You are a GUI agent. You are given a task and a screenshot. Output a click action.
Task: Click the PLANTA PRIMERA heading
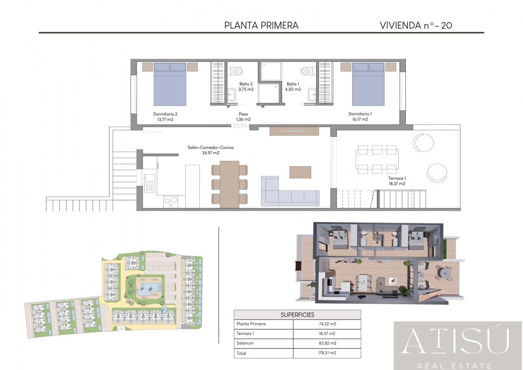click(261, 25)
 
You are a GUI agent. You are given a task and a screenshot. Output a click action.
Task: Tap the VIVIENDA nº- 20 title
click(416, 25)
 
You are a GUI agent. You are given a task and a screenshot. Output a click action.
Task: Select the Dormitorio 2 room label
click(165, 114)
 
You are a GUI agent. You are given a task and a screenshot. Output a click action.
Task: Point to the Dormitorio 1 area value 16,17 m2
click(360, 119)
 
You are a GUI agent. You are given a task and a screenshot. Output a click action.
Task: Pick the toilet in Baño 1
click(308, 71)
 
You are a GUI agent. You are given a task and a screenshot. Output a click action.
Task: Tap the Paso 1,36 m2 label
click(243, 117)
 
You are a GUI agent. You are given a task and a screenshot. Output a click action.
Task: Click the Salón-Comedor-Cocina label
click(211, 147)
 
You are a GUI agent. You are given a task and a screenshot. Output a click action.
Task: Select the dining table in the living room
click(229, 184)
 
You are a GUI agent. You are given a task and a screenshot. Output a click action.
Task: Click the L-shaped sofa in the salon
click(290, 191)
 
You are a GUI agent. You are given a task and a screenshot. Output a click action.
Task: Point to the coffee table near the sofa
click(300, 172)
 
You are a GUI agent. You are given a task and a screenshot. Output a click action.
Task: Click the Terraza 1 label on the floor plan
click(397, 178)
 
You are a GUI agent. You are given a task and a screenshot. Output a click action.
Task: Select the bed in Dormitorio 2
click(170, 84)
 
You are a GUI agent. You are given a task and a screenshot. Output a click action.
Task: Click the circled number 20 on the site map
click(164, 309)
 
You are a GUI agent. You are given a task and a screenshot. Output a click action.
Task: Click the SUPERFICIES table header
click(297, 315)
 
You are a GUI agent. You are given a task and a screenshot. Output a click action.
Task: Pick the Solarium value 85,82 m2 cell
click(327, 343)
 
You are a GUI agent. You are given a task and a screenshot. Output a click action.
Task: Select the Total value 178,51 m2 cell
click(327, 353)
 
